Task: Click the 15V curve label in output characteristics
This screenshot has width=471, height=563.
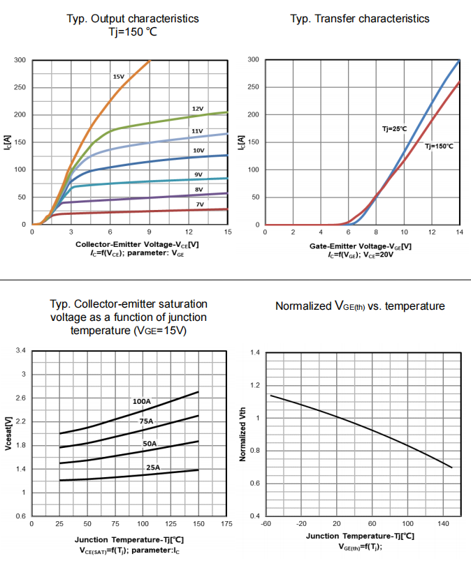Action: (x=118, y=76)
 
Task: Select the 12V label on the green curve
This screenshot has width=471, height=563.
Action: (x=198, y=109)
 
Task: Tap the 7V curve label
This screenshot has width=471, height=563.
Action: (x=199, y=204)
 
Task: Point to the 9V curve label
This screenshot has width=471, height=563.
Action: (x=198, y=174)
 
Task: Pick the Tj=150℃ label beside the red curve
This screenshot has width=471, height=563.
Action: (x=439, y=146)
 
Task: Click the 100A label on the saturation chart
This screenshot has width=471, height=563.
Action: (x=142, y=401)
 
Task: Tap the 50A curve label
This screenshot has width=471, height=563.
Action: (x=150, y=444)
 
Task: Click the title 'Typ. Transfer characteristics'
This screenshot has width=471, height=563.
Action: (x=360, y=18)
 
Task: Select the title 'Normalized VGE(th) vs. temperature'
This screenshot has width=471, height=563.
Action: (x=360, y=306)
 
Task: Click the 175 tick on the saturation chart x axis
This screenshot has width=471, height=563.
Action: (x=226, y=523)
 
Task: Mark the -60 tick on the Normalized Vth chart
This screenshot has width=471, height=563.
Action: (x=266, y=523)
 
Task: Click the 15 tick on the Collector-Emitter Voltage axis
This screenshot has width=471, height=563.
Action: (x=227, y=232)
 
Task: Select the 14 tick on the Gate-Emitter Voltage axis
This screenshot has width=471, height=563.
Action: (x=459, y=232)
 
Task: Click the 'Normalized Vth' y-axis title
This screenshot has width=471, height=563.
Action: (x=242, y=434)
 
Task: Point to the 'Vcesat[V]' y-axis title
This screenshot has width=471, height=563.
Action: (x=8, y=434)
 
